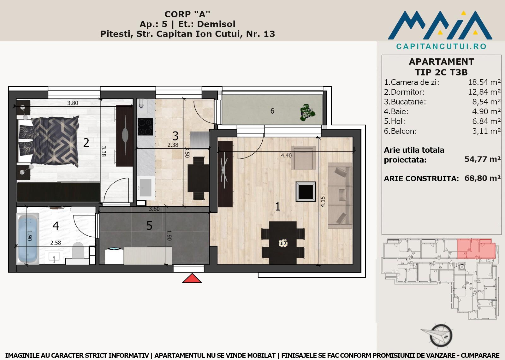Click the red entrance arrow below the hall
[x=192, y=278]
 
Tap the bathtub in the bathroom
[x=28, y=238]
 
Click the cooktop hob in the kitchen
[x=145, y=127]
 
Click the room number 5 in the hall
[x=149, y=226]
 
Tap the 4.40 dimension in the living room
[x=286, y=156]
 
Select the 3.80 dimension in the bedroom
[x=73, y=103]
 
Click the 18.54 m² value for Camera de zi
[x=484, y=82]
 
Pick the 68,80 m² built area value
[x=483, y=178]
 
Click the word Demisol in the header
[x=216, y=24]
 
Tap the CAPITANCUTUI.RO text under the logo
[x=441, y=46]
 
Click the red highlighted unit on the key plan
[x=476, y=249]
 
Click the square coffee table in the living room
[x=306, y=192]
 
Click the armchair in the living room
[x=303, y=157]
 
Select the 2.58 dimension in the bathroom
[x=56, y=243]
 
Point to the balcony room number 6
[x=272, y=111]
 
